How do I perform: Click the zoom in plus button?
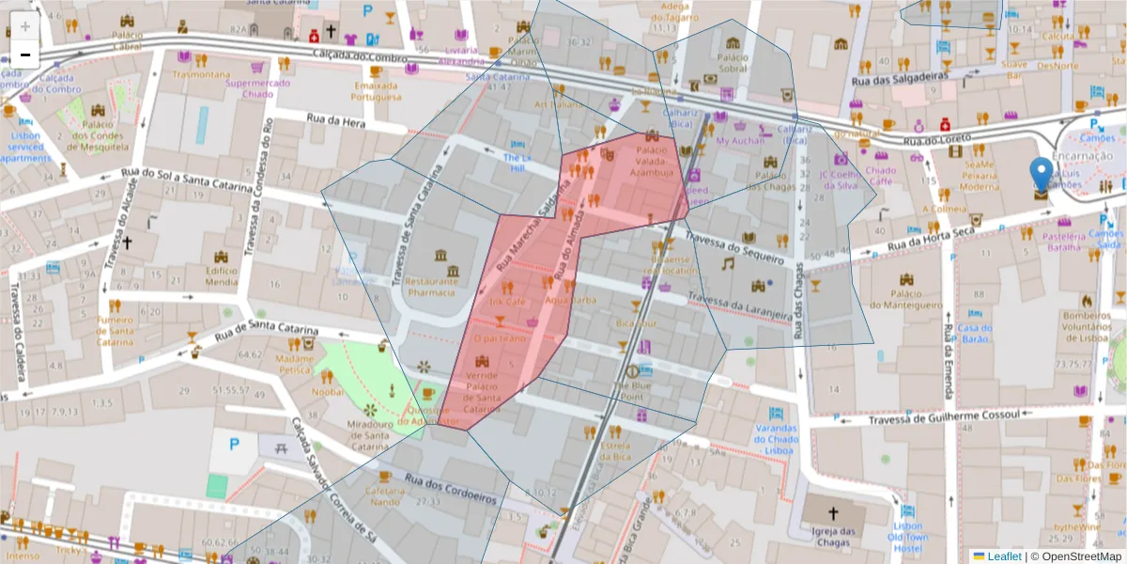25,26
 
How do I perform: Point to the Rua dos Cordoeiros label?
450,490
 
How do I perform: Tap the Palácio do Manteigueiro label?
905,298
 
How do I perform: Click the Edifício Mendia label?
222,274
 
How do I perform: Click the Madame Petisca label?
294,364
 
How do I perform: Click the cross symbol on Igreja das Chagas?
832,514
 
